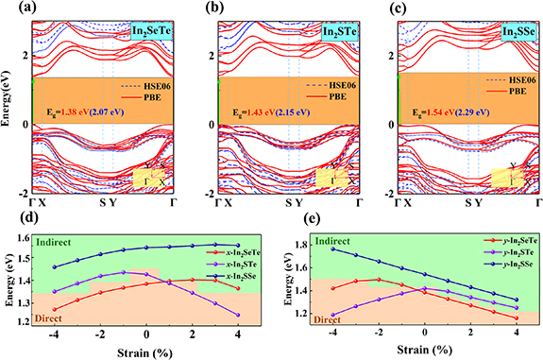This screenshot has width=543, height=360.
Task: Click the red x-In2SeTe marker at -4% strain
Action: [55, 309]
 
